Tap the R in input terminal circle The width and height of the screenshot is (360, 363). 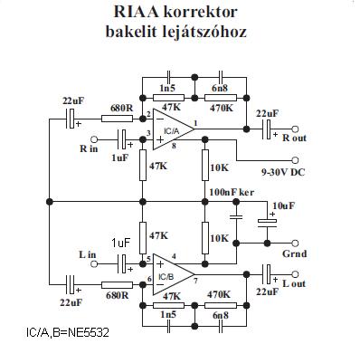coord(94,139)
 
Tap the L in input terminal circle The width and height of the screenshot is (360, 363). coord(94,264)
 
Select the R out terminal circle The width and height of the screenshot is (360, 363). coord(296,129)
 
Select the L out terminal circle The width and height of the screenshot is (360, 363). coord(296,274)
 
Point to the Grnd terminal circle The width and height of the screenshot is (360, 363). coord(296,243)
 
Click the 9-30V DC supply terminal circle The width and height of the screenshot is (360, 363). coord(296,160)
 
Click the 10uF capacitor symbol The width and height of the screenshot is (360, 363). coord(267,223)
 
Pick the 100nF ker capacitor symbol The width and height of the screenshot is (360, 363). coord(236,217)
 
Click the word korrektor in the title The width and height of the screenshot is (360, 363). coord(201,12)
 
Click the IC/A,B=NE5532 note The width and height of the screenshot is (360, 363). coord(68,333)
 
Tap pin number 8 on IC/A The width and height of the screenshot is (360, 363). coord(174,146)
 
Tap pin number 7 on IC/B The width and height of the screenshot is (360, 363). coord(195,281)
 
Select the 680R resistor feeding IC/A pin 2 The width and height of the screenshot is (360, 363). coord(117,119)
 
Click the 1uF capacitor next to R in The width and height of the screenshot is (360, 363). coord(123,139)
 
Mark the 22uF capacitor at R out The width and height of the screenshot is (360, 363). coord(268,129)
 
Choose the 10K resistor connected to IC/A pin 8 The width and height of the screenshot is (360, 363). coord(205,165)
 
